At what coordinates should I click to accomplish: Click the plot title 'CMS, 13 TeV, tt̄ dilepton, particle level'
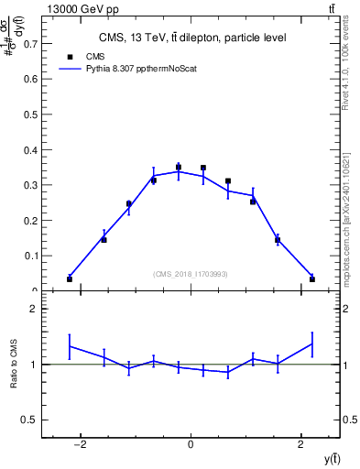(192, 38)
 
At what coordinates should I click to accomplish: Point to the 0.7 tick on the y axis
(30, 43)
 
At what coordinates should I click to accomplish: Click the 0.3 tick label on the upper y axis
(30, 185)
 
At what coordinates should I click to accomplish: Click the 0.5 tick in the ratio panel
(30, 420)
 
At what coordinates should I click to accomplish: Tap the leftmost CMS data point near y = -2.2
(70, 278)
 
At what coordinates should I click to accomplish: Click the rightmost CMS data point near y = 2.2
(312, 278)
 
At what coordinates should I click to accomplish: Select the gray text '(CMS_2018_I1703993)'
(191, 274)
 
